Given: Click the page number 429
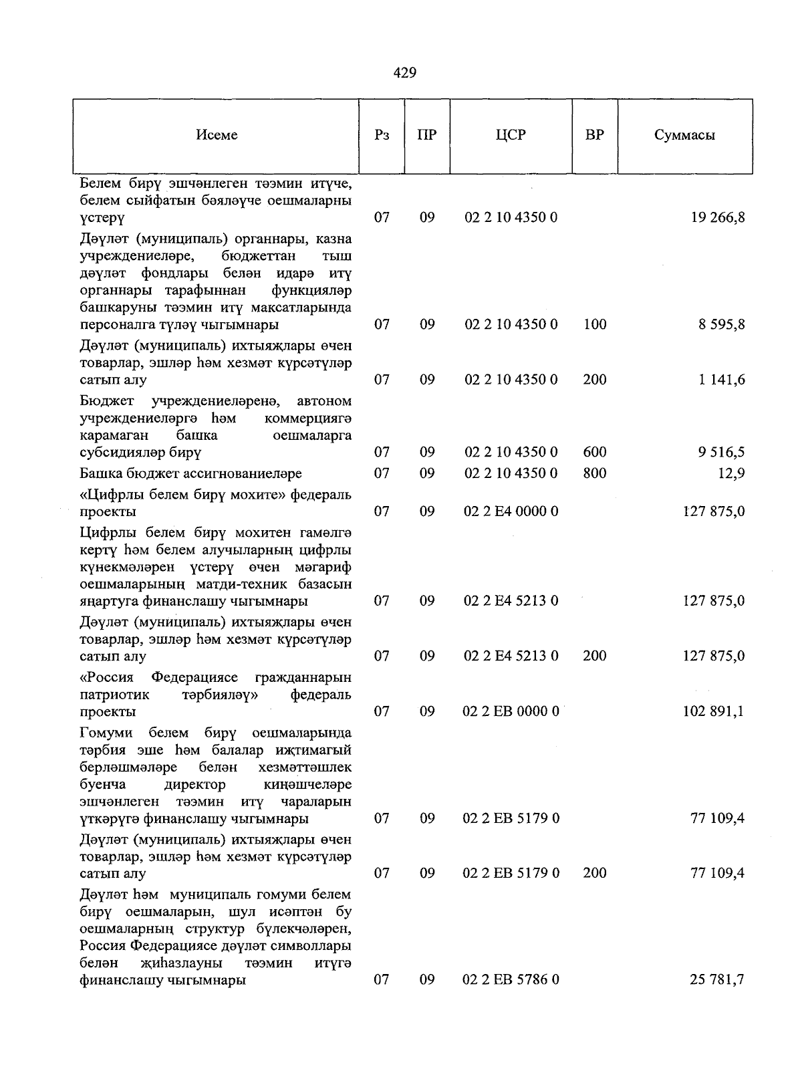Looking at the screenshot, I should tap(405, 73).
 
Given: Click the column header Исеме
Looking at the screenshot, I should tap(217, 135).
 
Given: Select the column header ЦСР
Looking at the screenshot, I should tap(511, 135).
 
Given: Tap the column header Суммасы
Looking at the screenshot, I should tap(684, 135).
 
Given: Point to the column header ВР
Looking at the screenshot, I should tap(594, 135).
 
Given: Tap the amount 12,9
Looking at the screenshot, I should tap(732, 473).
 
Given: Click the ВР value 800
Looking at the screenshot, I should tap(594, 473).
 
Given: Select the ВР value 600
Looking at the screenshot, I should tap(594, 453).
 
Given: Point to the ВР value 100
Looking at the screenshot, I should tap(594, 325).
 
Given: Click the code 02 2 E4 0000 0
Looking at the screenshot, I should tap(511, 511).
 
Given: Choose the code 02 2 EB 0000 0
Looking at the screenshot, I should tap(511, 711).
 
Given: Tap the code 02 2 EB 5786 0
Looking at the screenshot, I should tap(511, 980).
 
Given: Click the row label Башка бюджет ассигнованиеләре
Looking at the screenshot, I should tap(190, 473).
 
